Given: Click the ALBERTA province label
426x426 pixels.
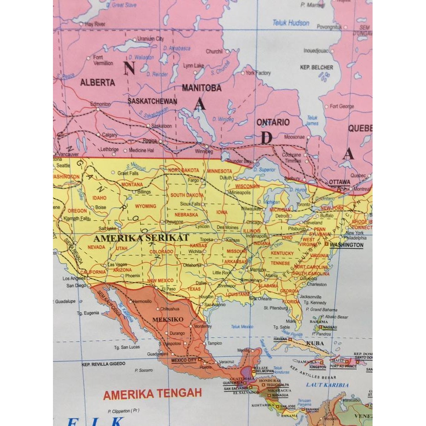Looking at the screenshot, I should click(97, 83).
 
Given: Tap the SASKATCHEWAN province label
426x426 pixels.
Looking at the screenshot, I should click(152, 100).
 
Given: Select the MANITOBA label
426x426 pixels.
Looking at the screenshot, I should click(201, 88).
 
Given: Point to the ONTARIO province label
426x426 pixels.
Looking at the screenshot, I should click(273, 122).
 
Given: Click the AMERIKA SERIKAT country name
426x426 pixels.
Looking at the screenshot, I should click(141, 238).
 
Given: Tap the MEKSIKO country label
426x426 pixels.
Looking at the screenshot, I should click(168, 319).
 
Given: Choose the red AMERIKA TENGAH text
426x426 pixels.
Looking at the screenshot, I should click(152, 394).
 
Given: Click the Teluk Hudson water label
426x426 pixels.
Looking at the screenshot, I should click(291, 22).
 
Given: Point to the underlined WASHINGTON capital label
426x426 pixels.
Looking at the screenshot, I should click(347, 245).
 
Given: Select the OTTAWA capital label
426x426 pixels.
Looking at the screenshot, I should click(340, 182).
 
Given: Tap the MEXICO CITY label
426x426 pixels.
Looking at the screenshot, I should click(184, 360).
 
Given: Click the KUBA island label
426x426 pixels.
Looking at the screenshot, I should click(316, 343).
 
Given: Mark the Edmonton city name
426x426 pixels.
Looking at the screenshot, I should click(100, 104).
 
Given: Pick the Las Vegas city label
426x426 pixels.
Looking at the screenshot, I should click(117, 265).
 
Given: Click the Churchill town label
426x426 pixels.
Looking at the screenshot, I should click(214, 52).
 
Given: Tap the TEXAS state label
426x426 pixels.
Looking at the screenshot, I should click(194, 289).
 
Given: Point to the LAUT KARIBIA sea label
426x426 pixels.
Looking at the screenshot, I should click(327, 385).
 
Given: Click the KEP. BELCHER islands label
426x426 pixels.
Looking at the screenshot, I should click(316, 67).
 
